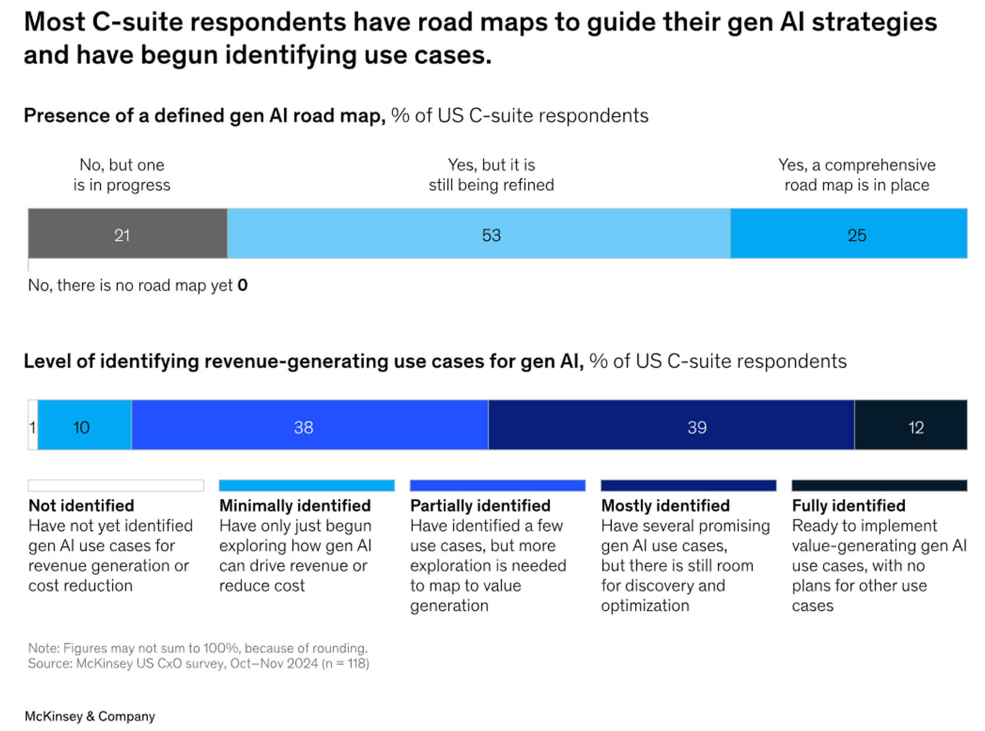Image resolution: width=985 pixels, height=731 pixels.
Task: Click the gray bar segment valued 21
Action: (x=127, y=234)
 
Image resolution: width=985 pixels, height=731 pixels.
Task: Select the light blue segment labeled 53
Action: (x=478, y=234)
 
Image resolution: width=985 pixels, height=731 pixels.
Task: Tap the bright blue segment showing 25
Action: (x=849, y=234)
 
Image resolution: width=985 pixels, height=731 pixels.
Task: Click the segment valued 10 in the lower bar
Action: (x=85, y=425)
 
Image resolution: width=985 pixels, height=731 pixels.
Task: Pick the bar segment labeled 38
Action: (x=309, y=425)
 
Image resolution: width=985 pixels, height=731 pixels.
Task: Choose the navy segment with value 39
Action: (x=671, y=425)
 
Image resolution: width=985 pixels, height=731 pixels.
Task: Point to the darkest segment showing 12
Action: (x=911, y=425)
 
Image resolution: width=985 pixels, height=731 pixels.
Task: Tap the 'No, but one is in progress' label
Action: (x=122, y=175)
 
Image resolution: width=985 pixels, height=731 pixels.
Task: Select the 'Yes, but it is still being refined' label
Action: (x=491, y=175)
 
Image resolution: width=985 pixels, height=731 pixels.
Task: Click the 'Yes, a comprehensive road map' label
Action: (x=857, y=175)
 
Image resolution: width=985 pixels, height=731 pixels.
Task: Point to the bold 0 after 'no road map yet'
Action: (x=242, y=286)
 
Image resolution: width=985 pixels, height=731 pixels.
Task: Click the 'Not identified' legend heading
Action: (x=81, y=505)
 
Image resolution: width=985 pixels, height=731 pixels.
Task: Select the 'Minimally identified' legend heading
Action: (x=295, y=505)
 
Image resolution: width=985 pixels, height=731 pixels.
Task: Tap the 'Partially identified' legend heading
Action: (x=480, y=505)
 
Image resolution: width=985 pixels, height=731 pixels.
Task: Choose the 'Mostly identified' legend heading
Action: (x=665, y=505)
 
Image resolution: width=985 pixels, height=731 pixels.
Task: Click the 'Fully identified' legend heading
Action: (x=849, y=505)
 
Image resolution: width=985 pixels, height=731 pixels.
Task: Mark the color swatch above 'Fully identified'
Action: (x=879, y=486)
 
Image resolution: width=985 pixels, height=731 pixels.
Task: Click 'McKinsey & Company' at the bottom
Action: (x=90, y=716)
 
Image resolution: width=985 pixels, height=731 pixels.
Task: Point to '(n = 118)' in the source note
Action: (x=345, y=663)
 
